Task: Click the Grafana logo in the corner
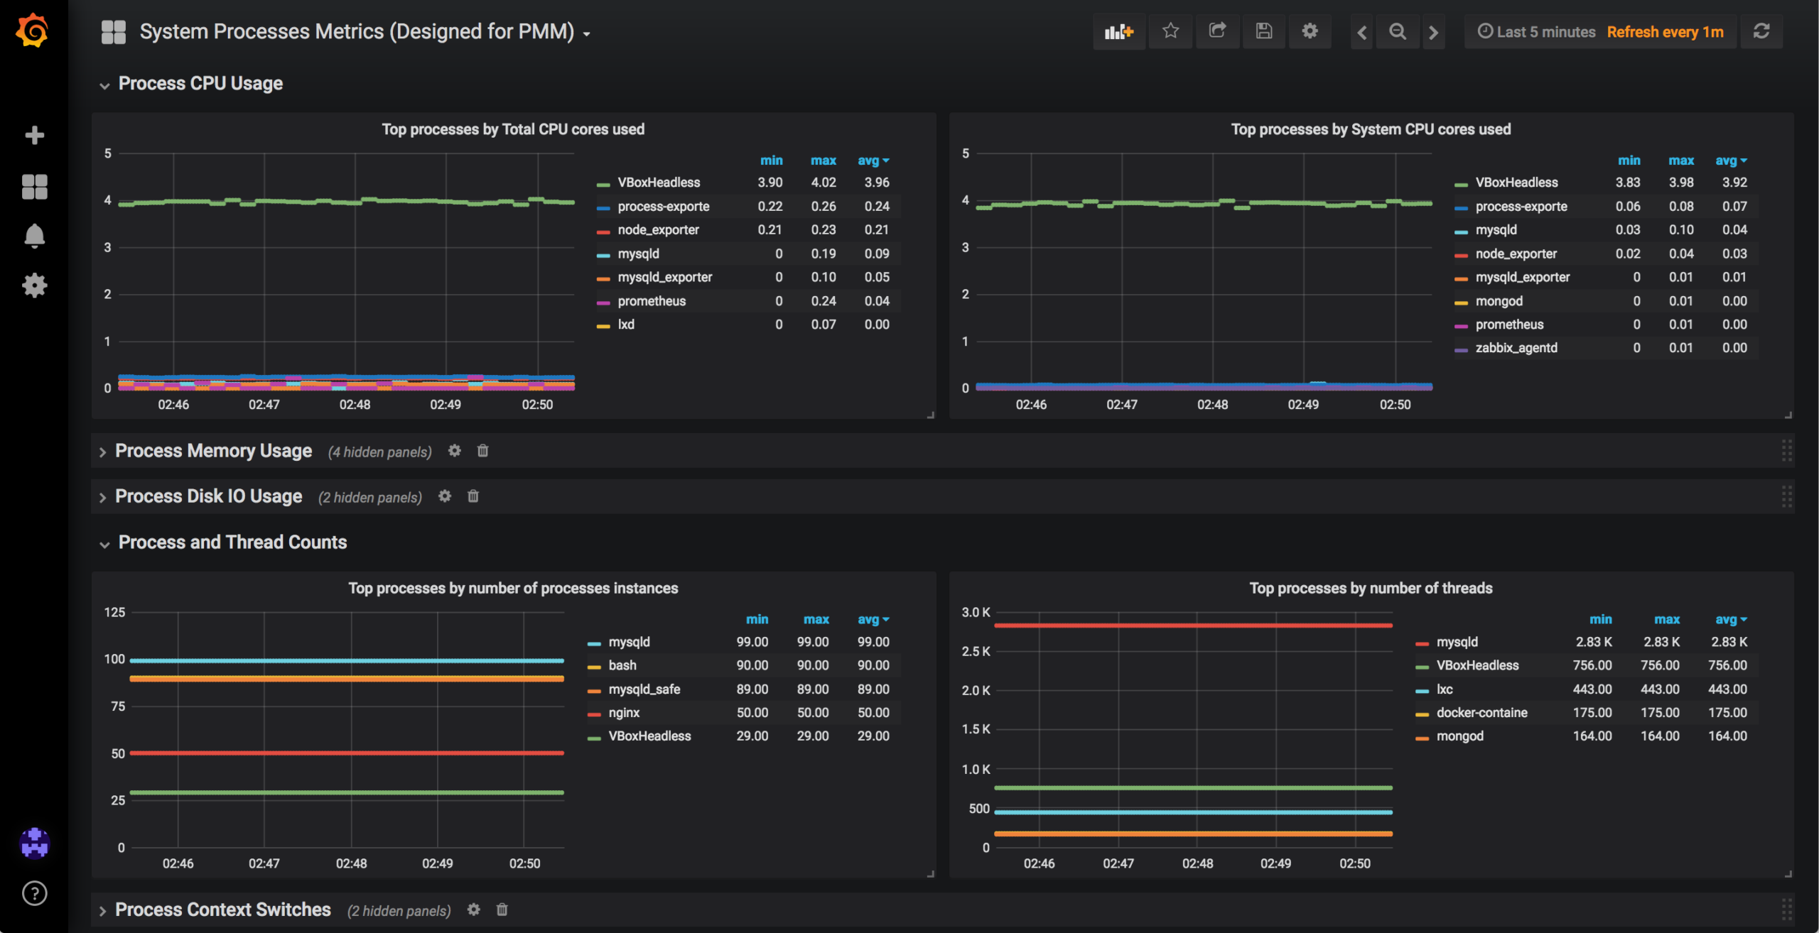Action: [x=33, y=31]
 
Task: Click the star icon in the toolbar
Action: [x=1170, y=31]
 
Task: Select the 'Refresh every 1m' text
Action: [x=1665, y=32]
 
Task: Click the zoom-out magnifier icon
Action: [x=1397, y=32]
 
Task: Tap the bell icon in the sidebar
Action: [x=34, y=236]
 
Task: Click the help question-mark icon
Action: [x=34, y=893]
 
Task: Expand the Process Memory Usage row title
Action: [x=213, y=451]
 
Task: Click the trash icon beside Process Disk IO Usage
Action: [x=473, y=496]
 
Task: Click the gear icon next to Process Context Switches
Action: [x=473, y=910]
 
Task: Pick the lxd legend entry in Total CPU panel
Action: [x=625, y=324]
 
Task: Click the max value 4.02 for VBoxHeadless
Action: [x=823, y=182]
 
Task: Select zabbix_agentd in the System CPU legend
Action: [x=1516, y=348]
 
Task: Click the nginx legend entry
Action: [x=623, y=713]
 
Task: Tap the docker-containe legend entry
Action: [x=1481, y=713]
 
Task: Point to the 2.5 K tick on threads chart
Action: [x=976, y=651]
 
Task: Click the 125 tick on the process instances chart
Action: [x=114, y=612]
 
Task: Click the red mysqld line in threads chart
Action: [x=1194, y=626]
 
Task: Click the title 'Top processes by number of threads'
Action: [x=1371, y=588]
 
